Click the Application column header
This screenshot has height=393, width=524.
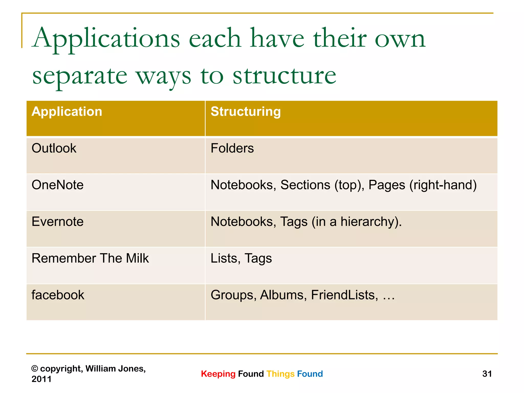tap(67, 112)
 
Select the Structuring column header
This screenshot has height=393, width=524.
tap(246, 112)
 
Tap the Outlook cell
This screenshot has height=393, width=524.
tap(54, 148)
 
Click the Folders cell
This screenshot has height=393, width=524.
tap(232, 148)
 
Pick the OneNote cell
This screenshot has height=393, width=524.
tap(58, 185)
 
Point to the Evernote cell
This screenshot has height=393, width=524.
tap(58, 222)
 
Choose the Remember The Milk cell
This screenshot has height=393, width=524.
tap(90, 258)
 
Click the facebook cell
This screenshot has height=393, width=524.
tap(58, 295)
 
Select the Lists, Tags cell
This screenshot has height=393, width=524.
tap(241, 258)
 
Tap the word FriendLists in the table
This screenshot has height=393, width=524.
tap(344, 295)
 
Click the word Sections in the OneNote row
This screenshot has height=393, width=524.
tap(305, 185)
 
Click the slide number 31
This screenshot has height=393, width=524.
tap(487, 374)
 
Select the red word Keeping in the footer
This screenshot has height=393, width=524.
tap(218, 374)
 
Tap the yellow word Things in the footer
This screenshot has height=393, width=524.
tap(280, 374)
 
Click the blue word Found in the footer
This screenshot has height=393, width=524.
tap(310, 374)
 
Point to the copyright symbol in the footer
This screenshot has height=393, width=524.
tap(35, 369)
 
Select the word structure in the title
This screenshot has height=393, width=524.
tap(284, 76)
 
